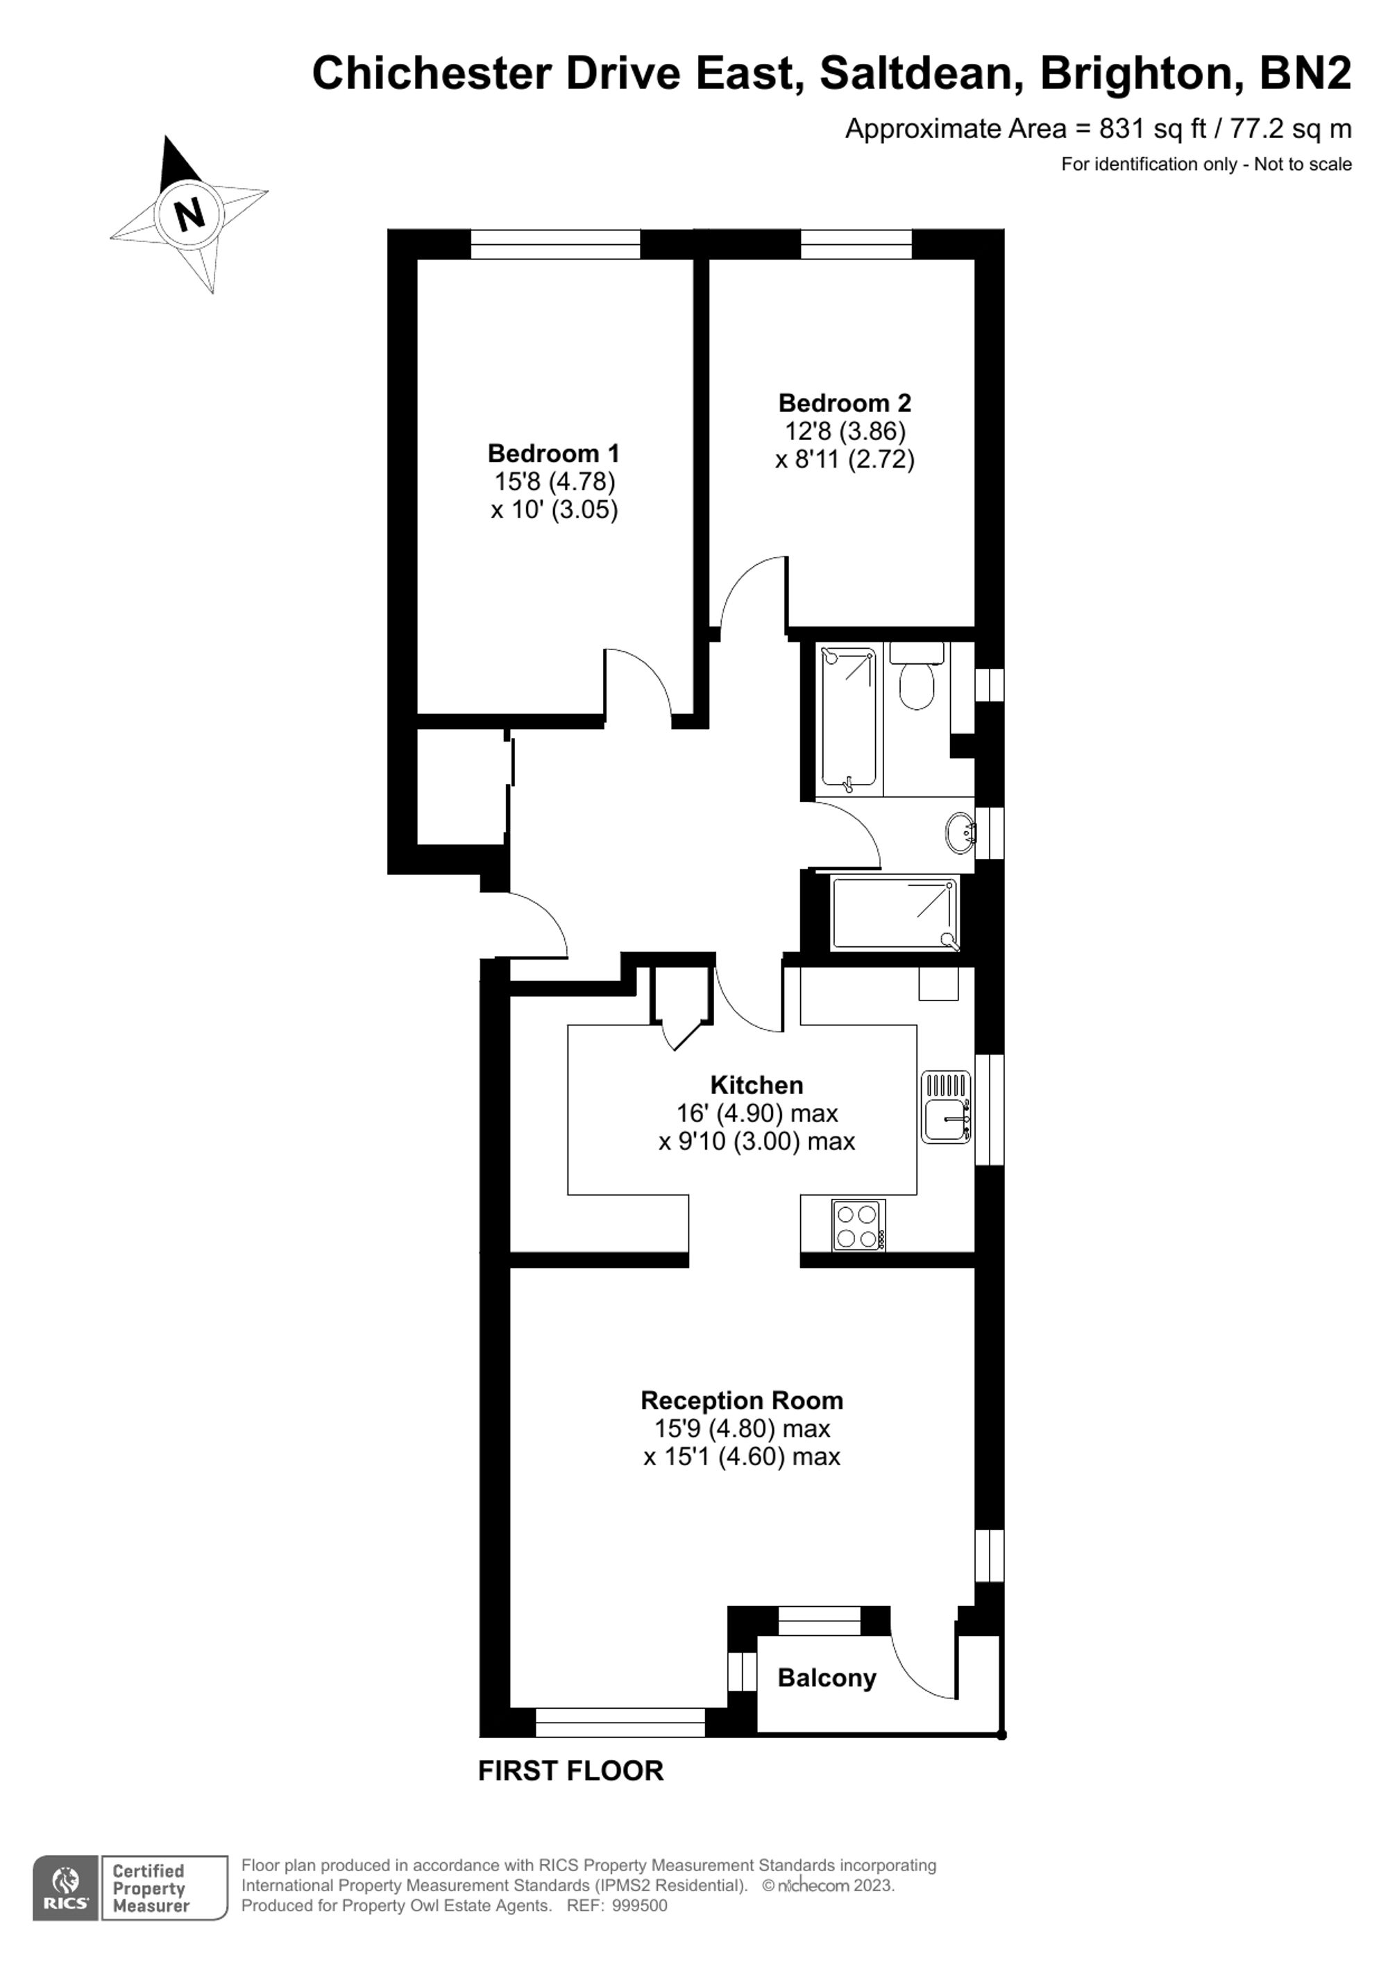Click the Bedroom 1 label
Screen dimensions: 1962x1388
click(x=554, y=453)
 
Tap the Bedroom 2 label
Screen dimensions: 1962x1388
click(x=845, y=402)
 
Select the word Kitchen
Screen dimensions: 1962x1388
click(x=756, y=1085)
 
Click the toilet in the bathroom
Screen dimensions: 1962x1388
click(x=917, y=683)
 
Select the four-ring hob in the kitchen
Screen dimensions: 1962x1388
click(x=858, y=1225)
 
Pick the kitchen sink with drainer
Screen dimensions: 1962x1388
click(x=945, y=1107)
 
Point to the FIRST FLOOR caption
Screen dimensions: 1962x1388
click(x=570, y=1771)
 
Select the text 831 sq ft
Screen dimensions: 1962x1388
click(x=1152, y=129)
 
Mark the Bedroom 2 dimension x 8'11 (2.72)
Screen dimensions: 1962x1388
click(x=845, y=460)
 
